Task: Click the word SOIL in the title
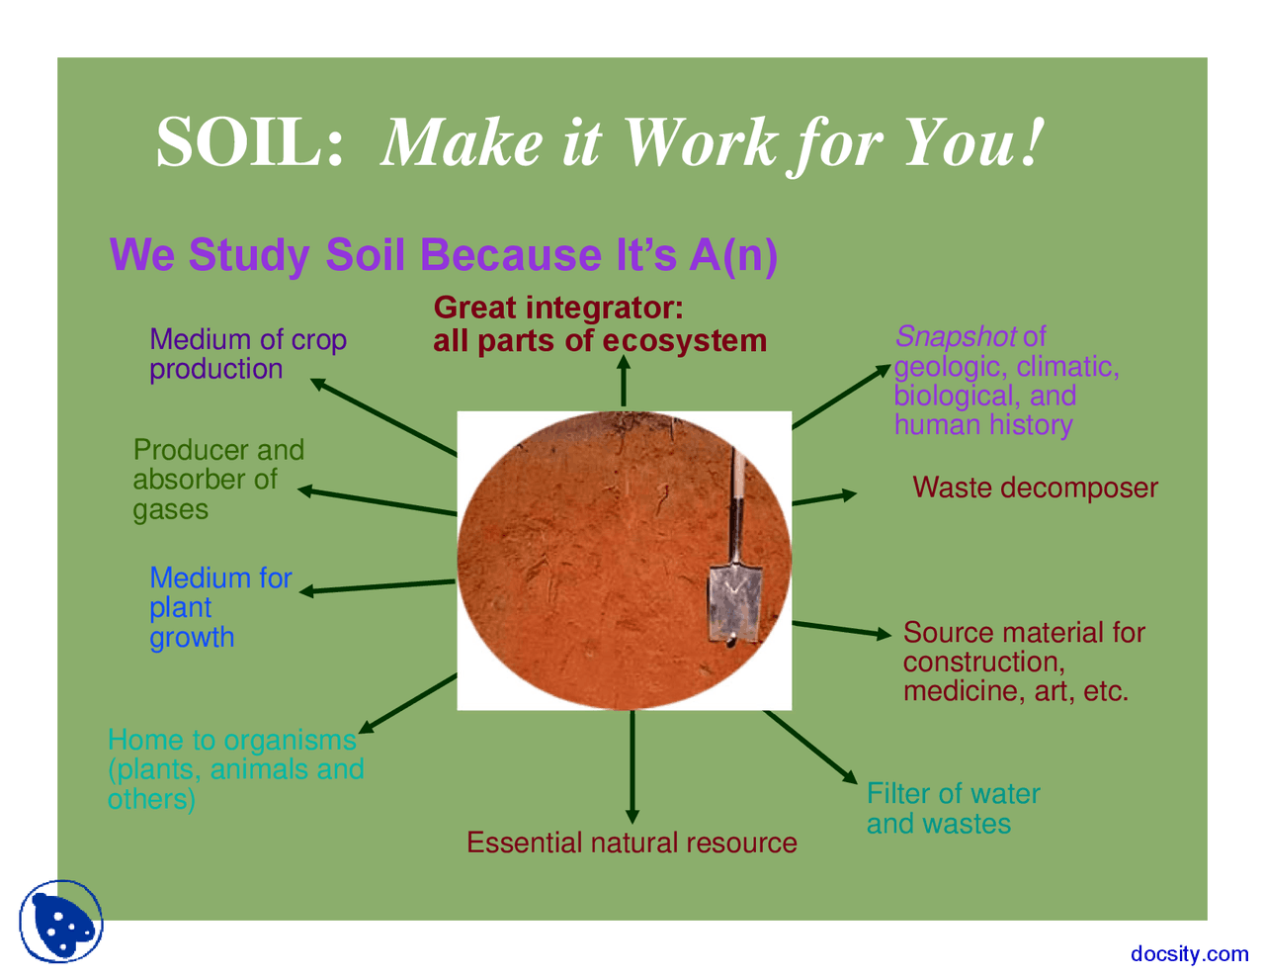click(x=249, y=142)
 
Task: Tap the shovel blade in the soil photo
click(x=734, y=602)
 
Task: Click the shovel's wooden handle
click(x=736, y=504)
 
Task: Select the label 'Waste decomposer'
click(x=1035, y=488)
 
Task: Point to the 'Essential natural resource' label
click(x=632, y=843)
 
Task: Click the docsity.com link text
click(x=1189, y=953)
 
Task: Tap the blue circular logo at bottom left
click(x=61, y=922)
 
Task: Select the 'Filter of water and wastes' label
click(x=953, y=809)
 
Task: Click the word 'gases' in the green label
click(x=171, y=510)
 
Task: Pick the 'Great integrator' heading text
click(x=558, y=308)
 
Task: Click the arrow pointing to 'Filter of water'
click(x=810, y=747)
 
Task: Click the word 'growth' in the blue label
click(x=192, y=638)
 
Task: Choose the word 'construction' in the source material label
click(x=982, y=662)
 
